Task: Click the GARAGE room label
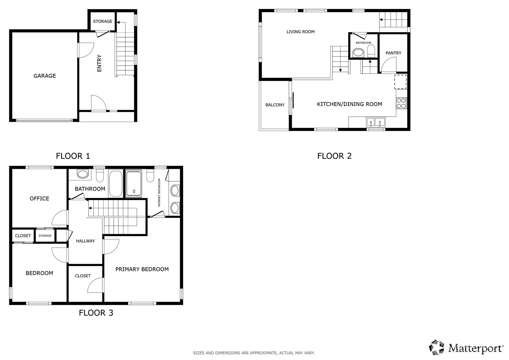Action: pos(45,76)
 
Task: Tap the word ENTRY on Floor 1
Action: pos(99,63)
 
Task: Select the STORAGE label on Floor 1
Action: pos(103,21)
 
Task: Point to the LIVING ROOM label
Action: pos(300,32)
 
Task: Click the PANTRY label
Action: pos(393,53)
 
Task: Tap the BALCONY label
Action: pos(275,105)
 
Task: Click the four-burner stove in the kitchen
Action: pos(401,103)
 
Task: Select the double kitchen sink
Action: pos(375,122)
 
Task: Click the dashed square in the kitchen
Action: pos(401,82)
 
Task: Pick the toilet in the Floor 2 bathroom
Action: pos(371,51)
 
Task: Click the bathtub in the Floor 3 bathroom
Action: pos(116,183)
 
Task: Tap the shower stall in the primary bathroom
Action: pos(134,183)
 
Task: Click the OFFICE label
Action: pos(39,199)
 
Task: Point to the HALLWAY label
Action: pos(85,241)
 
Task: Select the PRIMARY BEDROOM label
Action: pos(142,269)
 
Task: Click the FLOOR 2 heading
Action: pos(334,156)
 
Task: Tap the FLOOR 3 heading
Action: pos(96,313)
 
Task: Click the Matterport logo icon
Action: pos(436,347)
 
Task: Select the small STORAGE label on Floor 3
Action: pos(45,236)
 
